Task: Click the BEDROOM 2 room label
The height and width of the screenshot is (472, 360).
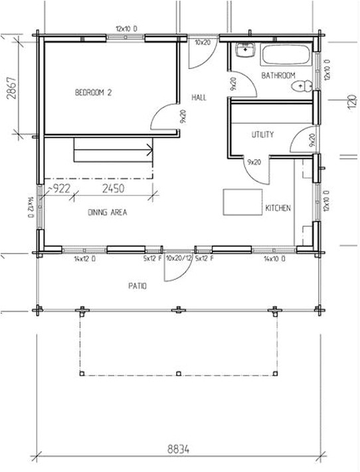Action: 93,94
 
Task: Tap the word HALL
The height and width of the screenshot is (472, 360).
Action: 199,98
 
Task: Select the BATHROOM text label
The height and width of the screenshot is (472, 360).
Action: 278,76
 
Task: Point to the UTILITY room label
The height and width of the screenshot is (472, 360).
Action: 262,135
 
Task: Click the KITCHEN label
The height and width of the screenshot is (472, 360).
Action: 278,208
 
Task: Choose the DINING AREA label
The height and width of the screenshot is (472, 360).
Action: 107,213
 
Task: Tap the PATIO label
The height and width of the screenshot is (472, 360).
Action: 138,286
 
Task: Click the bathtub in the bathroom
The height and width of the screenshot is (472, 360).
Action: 286,56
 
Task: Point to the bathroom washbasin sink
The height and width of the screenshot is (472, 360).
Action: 245,51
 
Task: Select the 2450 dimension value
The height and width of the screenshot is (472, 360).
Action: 114,189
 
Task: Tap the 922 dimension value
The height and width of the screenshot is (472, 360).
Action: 62,189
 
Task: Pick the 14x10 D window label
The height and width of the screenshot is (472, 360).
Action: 274,258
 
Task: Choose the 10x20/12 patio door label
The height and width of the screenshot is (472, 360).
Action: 179,258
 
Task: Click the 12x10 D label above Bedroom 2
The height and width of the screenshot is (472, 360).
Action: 126,29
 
